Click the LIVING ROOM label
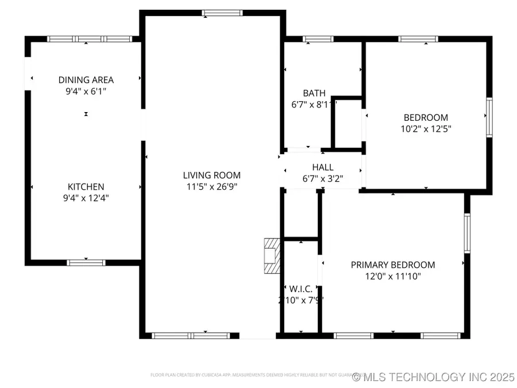[211, 175]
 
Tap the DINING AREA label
[86, 80]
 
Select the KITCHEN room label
[86, 187]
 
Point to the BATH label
[314, 93]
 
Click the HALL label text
[323, 167]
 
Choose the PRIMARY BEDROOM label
[393, 265]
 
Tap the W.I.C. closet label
[300, 289]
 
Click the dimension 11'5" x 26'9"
[211, 186]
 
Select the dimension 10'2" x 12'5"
[426, 129]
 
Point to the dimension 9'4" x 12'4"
[86, 198]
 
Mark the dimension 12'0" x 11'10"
[393, 276]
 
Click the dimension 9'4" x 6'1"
[86, 91]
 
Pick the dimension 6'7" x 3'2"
[323, 178]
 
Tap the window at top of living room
[222, 13]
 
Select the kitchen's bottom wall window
[86, 263]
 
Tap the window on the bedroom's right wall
[489, 117]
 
